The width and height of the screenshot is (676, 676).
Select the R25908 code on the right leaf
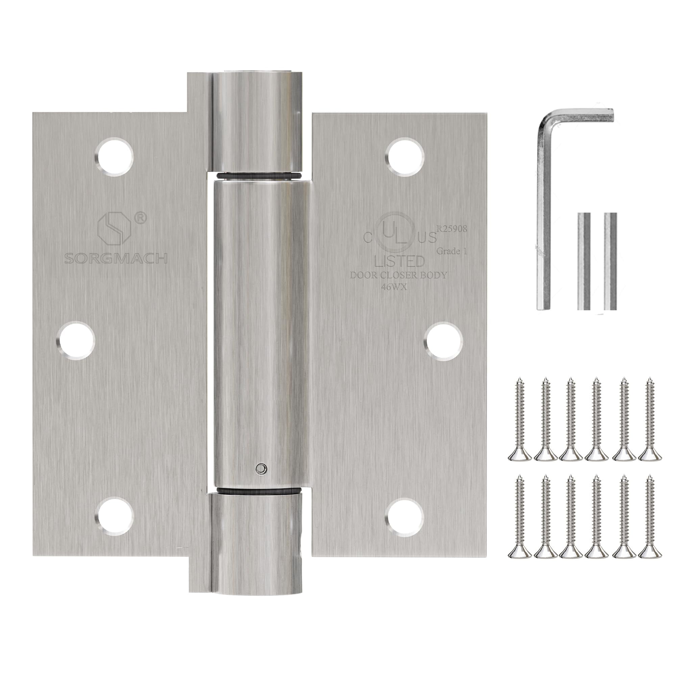(451, 228)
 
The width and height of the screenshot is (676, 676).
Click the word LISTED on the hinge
(399, 261)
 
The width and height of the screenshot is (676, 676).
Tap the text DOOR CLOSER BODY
(399, 275)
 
